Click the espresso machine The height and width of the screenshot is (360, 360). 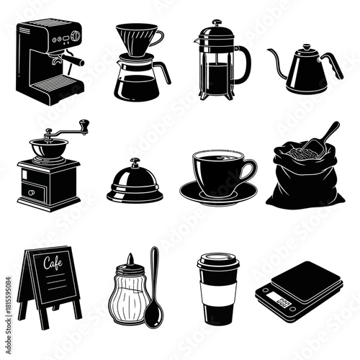click(47, 65)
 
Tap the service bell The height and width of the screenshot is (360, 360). click(135, 184)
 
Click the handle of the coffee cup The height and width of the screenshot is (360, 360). click(249, 171)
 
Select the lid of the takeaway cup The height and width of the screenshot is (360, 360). click(217, 261)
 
